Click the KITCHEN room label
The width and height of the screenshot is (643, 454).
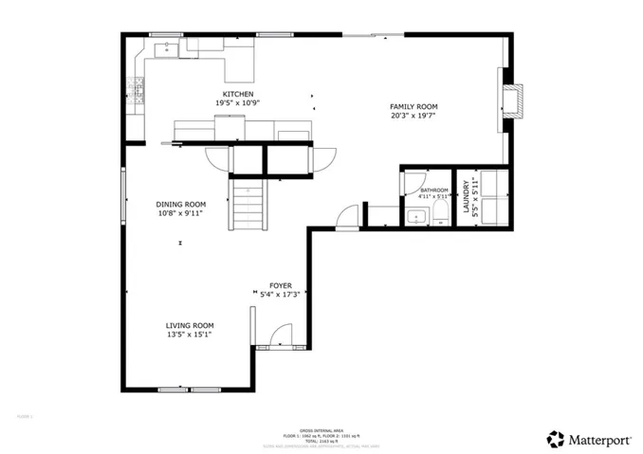[x=237, y=94]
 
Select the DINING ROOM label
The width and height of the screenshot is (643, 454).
[x=181, y=204]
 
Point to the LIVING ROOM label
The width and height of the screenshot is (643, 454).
[x=190, y=324]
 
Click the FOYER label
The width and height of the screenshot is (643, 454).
[x=280, y=284]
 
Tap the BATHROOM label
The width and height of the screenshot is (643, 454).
[x=434, y=190]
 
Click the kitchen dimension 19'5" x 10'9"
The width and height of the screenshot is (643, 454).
[x=237, y=103]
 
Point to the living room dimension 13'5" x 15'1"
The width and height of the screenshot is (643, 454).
[x=190, y=334]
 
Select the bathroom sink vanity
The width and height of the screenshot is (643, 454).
[x=415, y=217]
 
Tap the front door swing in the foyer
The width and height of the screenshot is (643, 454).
[x=281, y=336]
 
